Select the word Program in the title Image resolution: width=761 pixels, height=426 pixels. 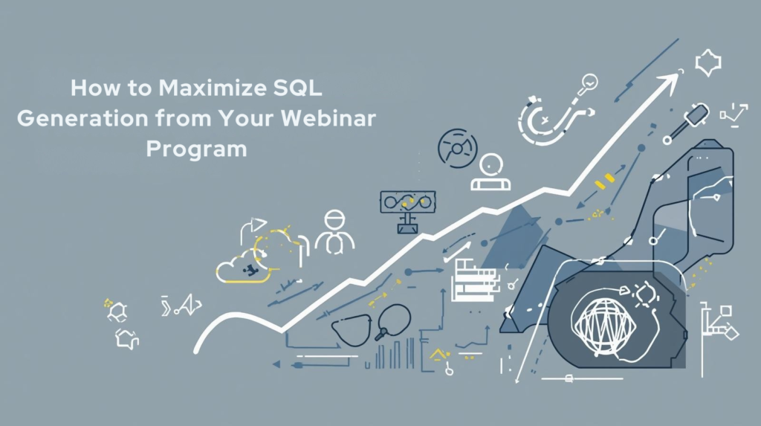coord(196,148)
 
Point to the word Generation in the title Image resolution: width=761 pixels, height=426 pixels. coord(79,118)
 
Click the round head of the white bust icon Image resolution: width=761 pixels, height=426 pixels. coord(491,164)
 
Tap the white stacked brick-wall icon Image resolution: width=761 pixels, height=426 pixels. coord(474,280)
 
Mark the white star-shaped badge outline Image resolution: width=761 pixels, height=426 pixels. coord(707,63)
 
